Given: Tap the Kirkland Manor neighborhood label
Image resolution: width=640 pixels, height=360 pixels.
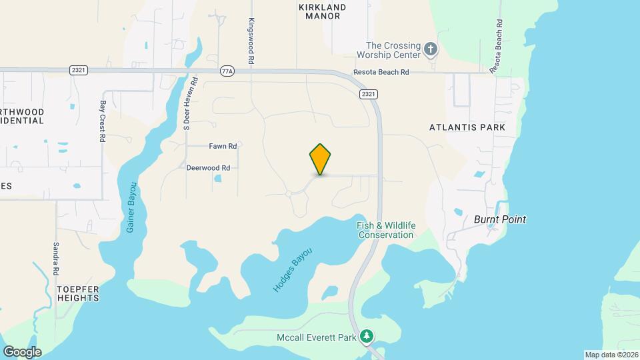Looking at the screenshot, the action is (322, 11).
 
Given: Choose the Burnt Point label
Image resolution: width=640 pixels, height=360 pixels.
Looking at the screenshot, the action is (499, 219).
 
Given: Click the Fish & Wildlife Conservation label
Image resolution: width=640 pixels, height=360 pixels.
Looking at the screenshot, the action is (386, 230).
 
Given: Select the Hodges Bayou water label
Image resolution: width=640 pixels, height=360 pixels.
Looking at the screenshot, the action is (292, 269).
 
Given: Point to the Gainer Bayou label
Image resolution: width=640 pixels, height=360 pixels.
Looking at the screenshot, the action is (131, 207).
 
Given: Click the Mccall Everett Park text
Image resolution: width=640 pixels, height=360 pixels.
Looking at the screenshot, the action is (317, 337).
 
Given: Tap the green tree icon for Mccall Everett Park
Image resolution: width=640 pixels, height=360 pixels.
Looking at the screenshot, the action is (366, 337).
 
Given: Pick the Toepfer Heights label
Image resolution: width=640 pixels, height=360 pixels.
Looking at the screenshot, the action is (78, 293).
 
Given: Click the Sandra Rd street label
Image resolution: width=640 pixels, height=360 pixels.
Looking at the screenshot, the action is (57, 259).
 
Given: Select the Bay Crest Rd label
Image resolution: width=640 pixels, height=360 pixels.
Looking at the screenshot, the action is (103, 121).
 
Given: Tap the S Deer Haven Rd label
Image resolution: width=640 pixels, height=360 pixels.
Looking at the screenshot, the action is (186, 107).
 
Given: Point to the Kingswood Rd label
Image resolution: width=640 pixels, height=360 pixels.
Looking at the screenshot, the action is (251, 41).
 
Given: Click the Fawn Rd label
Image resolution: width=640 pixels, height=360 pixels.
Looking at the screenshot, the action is (223, 146).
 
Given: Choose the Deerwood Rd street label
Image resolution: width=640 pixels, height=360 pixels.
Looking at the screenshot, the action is (208, 168).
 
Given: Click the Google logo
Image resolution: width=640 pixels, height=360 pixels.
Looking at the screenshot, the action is (22, 352).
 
